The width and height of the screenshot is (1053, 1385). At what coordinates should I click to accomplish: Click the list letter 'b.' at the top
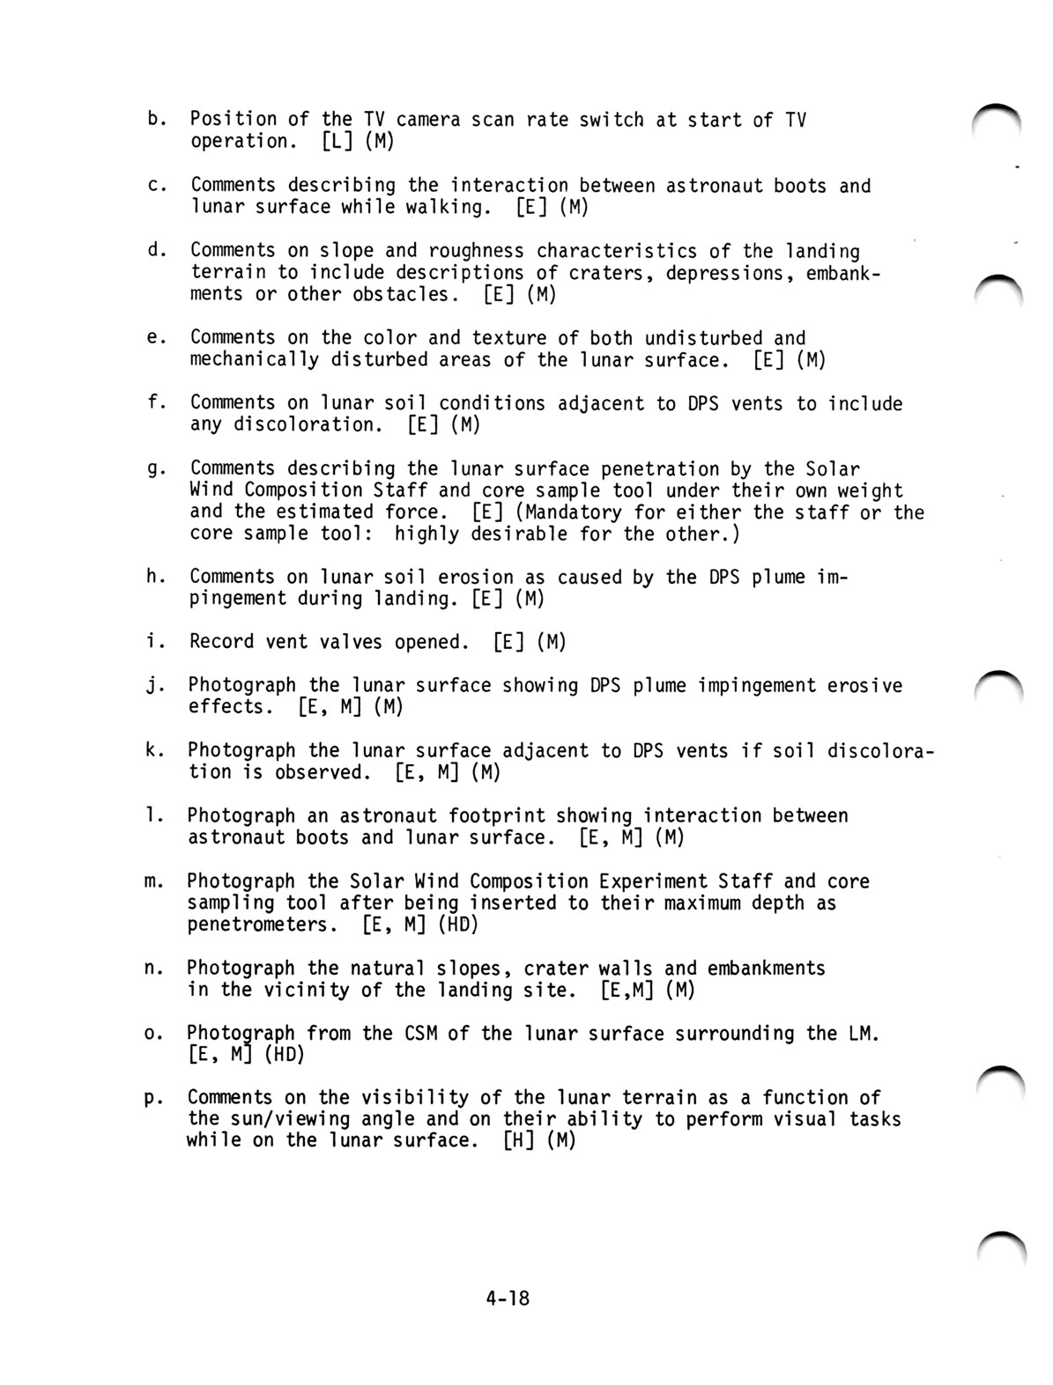click(x=155, y=119)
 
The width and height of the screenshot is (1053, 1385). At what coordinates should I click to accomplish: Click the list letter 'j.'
click(x=153, y=685)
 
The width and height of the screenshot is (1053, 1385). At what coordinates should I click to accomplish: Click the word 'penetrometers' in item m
click(x=257, y=925)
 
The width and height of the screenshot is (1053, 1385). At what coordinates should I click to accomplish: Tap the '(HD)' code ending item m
click(x=458, y=925)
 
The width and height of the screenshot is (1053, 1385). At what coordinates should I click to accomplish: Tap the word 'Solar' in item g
click(x=832, y=468)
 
